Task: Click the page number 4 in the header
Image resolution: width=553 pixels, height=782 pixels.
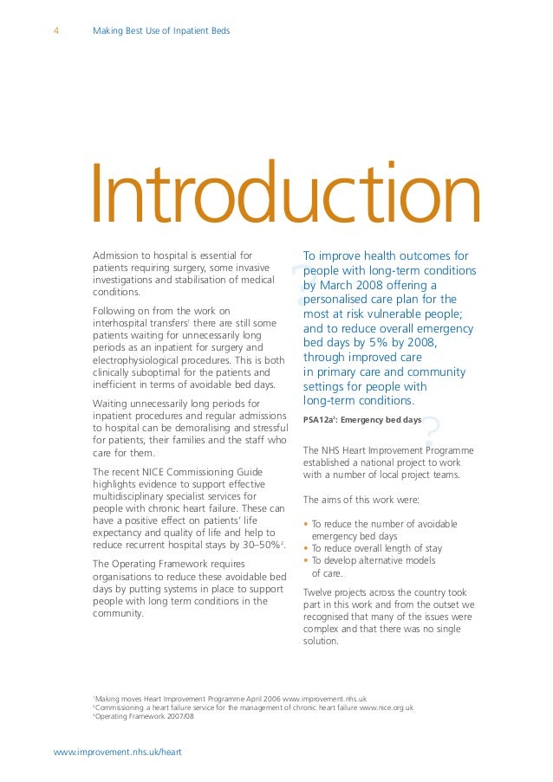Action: click(56, 32)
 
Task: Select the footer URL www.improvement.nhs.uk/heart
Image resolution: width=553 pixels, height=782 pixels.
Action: click(117, 752)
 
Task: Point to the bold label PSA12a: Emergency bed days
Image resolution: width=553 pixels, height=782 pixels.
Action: click(361, 420)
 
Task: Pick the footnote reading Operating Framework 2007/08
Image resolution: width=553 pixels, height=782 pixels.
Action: click(144, 717)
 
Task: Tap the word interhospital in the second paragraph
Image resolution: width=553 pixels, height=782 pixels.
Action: click(122, 323)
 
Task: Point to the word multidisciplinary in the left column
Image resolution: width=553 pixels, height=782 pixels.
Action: click(133, 496)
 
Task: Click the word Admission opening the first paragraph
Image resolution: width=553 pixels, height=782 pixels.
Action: click(117, 256)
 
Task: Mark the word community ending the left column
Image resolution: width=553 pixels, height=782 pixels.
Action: click(118, 614)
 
